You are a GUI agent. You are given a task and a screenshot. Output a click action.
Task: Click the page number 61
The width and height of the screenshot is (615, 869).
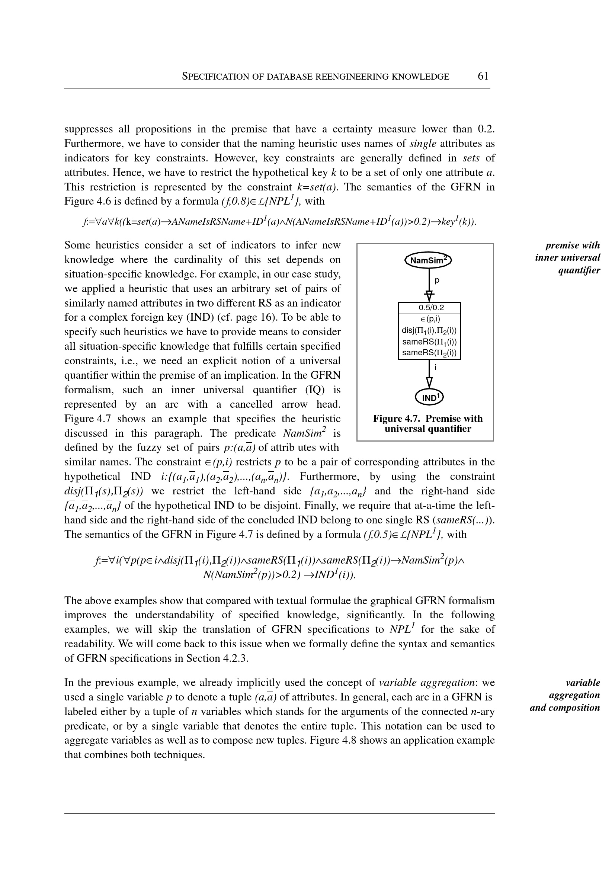point(483,77)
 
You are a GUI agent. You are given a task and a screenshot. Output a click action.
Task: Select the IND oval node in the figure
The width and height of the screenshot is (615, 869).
point(429,397)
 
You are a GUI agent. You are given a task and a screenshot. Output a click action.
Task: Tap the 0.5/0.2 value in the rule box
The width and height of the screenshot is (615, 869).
point(429,308)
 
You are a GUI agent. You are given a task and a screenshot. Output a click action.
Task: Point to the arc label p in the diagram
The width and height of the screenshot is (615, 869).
point(437,280)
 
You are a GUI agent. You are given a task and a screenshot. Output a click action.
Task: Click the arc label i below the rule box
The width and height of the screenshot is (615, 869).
point(436,367)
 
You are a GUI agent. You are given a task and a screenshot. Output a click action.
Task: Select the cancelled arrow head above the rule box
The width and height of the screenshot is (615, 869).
point(429,295)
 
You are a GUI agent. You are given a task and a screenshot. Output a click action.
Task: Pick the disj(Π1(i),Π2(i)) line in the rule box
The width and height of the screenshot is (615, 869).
point(429,331)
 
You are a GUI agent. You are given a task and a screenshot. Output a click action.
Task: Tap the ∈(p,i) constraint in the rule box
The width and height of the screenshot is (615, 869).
point(429,319)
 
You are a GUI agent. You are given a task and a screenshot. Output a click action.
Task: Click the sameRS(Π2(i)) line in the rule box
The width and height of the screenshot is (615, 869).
point(429,353)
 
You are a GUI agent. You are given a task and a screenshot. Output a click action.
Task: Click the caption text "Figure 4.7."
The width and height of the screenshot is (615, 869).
point(397,419)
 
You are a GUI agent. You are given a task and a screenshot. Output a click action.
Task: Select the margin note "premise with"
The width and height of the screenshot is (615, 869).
point(573,246)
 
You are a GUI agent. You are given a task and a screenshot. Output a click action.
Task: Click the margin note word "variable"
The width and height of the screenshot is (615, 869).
point(582,683)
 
